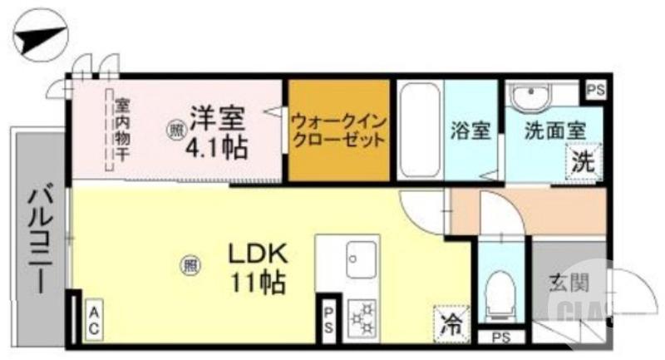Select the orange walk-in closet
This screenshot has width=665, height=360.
(x=339, y=130)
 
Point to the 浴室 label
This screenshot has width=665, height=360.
(x=470, y=130)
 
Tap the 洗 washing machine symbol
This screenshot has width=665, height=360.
(x=583, y=160)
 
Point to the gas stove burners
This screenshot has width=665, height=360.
(x=362, y=318)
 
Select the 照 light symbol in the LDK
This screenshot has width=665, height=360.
(x=190, y=267)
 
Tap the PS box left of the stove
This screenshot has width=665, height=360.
(x=329, y=320)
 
